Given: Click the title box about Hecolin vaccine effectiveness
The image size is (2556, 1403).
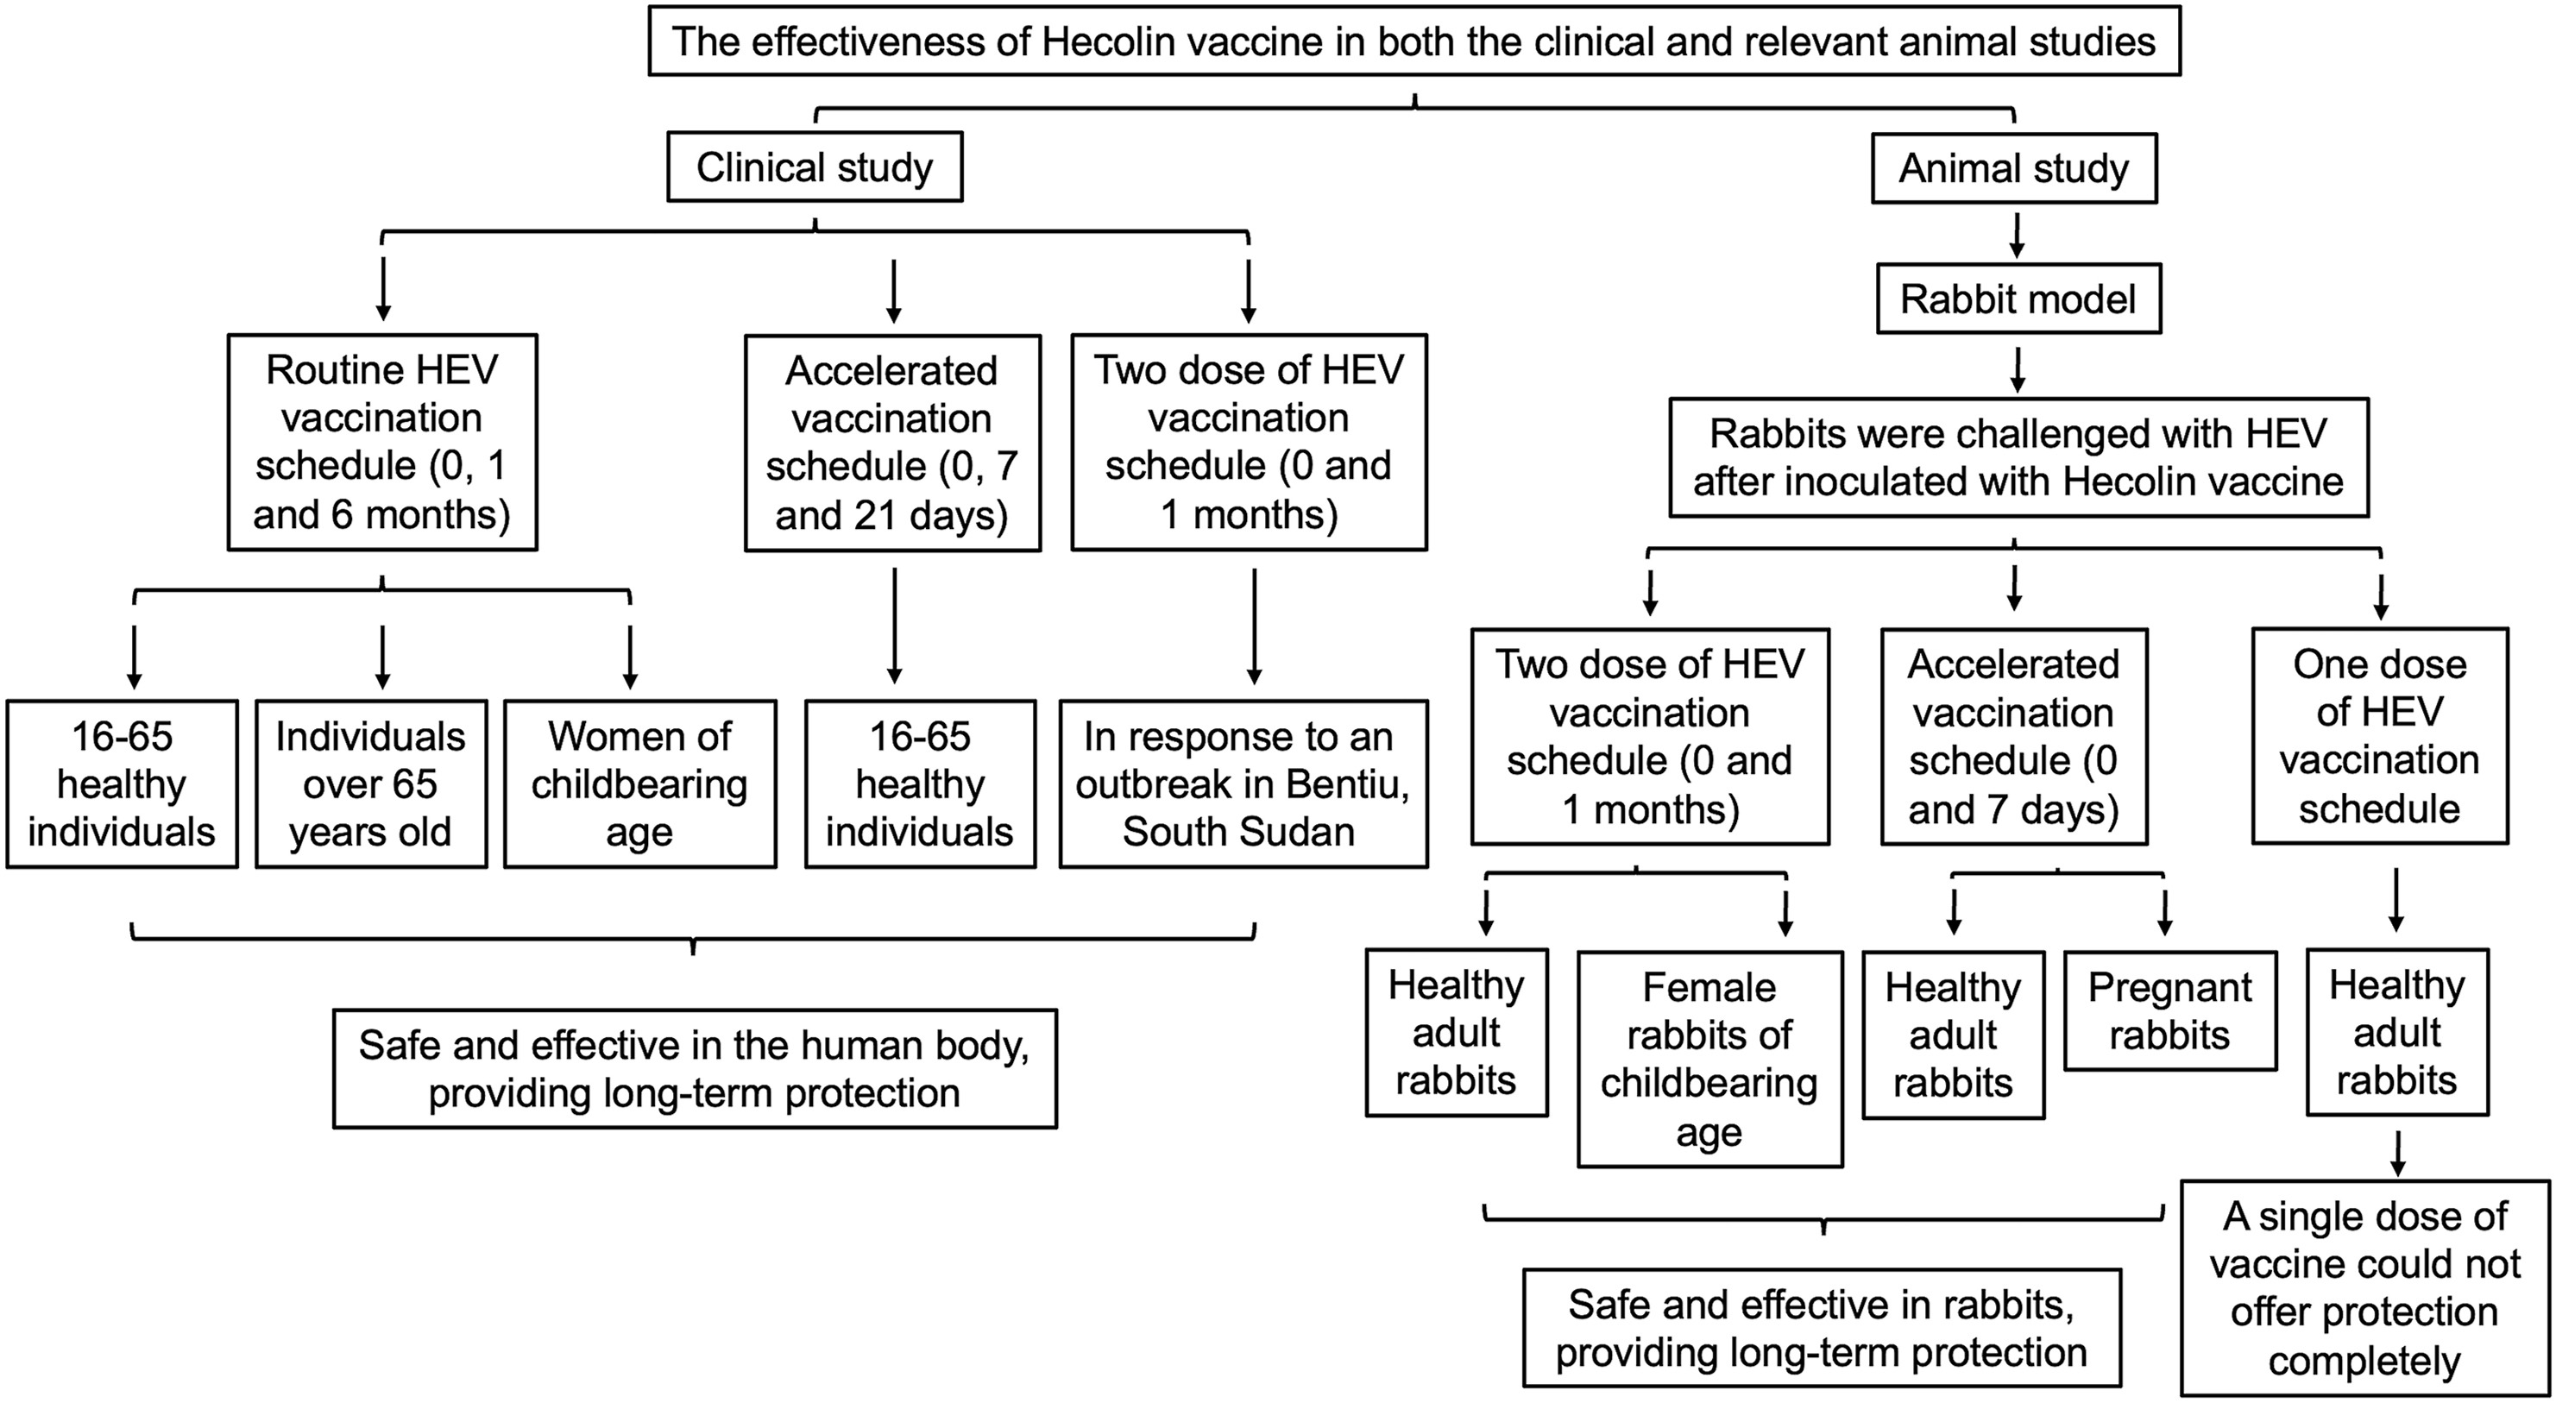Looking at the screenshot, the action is pos(1414,41).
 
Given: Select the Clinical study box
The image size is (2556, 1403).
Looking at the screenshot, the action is pos(815,167).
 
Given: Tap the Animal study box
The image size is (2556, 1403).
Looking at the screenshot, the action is pos(2014,167).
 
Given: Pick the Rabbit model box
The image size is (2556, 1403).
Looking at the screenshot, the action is pos(2018,299).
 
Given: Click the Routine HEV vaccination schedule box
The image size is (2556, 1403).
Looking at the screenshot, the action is pos(382,443).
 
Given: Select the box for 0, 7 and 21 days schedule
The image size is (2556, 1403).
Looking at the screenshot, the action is pos(892,443).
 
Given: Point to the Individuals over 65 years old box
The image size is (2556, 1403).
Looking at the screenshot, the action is pos(371,783).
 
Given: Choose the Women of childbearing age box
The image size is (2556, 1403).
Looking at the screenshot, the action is pos(640,783).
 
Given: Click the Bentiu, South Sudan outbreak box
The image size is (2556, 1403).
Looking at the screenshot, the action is pos(1243,783).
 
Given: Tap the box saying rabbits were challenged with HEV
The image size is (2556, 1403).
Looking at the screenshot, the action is pos(2018,457).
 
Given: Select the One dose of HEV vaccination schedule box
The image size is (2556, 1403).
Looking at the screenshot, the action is pos(2379,736).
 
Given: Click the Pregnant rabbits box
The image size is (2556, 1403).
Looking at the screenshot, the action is pos(2170,1011).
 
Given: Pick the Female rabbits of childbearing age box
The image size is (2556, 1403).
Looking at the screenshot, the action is pos(1709,1059).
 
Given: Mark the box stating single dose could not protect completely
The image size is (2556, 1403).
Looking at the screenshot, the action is pos(2364,1288).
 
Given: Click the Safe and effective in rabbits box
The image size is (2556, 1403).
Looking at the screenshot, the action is pos(1822,1328).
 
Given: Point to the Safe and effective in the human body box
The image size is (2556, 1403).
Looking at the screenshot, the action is pos(695,1068).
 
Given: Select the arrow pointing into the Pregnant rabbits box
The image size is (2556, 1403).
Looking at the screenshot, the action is pos(2165,913).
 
